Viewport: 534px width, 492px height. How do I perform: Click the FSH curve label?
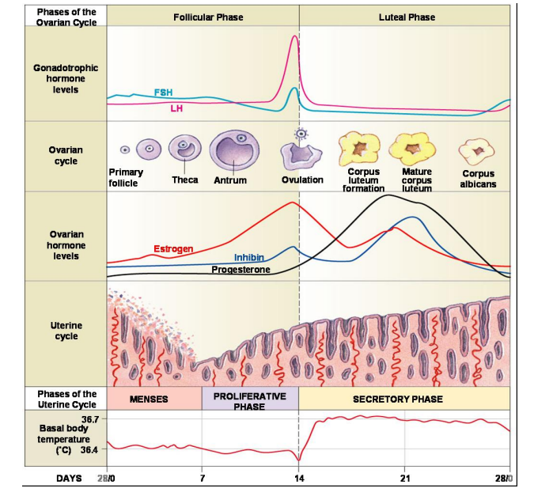point(163,93)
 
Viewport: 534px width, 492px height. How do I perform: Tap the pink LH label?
point(176,108)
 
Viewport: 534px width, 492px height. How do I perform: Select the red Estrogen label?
point(172,249)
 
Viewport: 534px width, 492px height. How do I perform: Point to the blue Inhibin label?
point(248,258)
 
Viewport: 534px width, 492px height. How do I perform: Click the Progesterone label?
point(240,270)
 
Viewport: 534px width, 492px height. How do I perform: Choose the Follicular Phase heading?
point(208,17)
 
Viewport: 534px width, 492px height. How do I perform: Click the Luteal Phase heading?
point(407,17)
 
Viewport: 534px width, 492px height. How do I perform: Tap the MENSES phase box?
point(149,399)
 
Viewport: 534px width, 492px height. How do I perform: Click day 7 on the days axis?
point(202,479)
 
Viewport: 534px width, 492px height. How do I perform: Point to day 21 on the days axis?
point(405,479)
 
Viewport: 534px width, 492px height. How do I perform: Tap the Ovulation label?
point(302,180)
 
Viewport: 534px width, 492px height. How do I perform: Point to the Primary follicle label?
point(126,177)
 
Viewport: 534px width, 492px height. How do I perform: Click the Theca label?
point(184,180)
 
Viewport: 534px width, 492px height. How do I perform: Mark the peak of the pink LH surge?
point(295,36)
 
